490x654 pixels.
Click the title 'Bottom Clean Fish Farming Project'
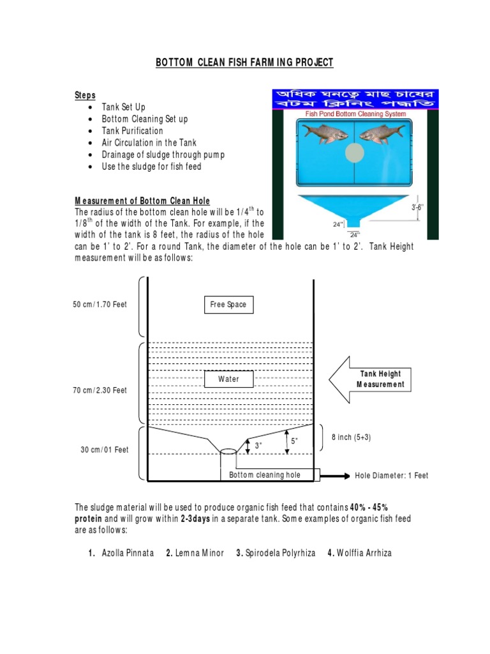pyautogui.click(x=245, y=62)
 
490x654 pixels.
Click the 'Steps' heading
pyautogui.click(x=85, y=95)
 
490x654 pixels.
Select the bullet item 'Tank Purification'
pyautogui.click(x=132, y=131)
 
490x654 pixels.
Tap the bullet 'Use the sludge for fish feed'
pyautogui.click(x=151, y=167)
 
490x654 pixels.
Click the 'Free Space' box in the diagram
pyautogui.click(x=228, y=305)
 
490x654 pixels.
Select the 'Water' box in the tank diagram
pyautogui.click(x=228, y=379)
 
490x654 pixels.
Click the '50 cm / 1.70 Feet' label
pyautogui.click(x=100, y=305)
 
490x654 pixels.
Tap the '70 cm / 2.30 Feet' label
pyautogui.click(x=100, y=390)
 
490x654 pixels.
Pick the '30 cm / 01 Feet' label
pyautogui.click(x=104, y=450)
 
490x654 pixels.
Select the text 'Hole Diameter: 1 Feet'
pyautogui.click(x=392, y=476)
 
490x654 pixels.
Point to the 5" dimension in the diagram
pyautogui.click(x=294, y=441)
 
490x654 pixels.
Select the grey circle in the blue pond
pyautogui.click(x=354, y=153)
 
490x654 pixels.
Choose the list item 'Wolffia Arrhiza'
pyautogui.click(x=364, y=553)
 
